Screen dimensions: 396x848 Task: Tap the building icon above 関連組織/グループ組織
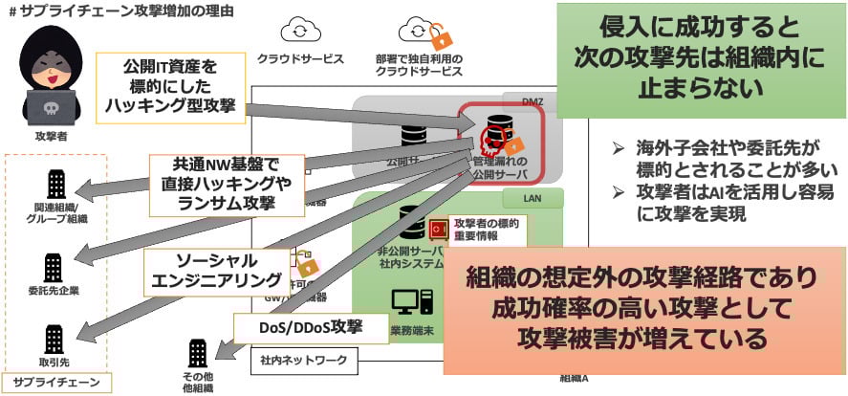[x=54, y=185]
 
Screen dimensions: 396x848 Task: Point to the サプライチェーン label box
[x=57, y=382]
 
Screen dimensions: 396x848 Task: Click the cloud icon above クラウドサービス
[x=299, y=32]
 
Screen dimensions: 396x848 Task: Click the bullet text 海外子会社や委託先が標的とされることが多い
[x=726, y=157]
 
